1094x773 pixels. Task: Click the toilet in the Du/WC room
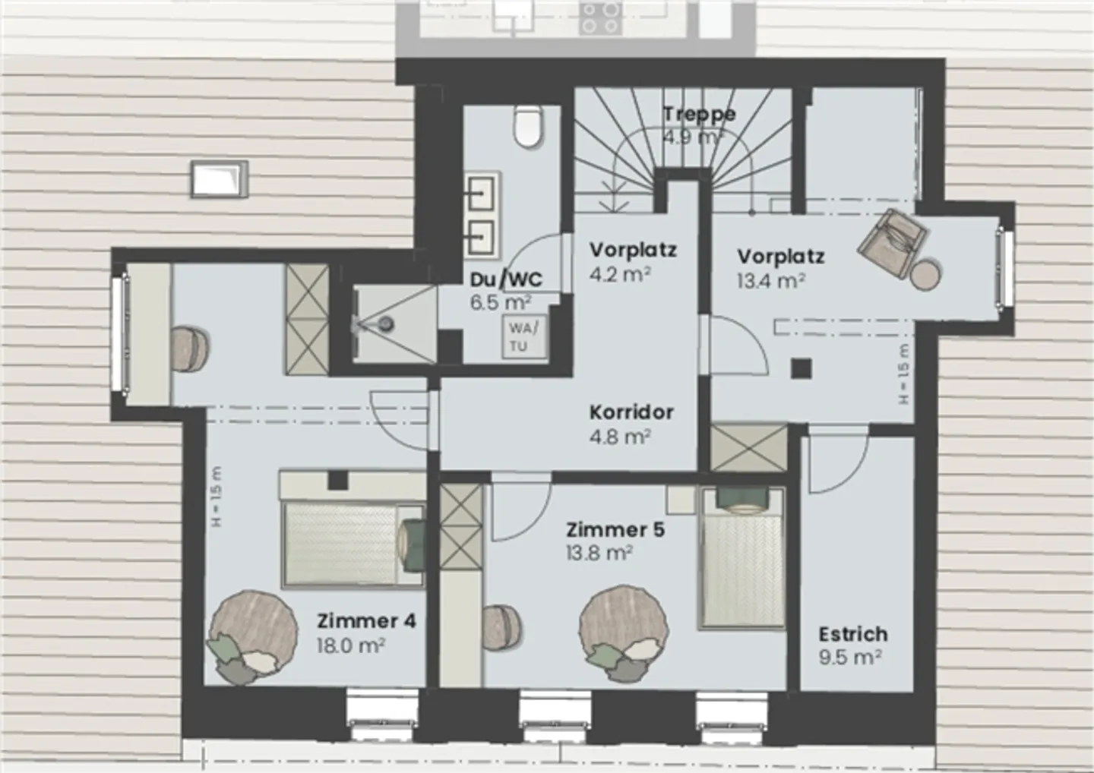[526, 125]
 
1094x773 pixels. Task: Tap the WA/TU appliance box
[522, 337]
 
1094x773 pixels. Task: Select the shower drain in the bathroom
[387, 324]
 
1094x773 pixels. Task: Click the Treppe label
[699, 115]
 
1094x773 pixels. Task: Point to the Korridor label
[631, 412]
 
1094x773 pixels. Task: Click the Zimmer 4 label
[366, 621]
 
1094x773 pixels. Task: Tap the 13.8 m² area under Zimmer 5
[599, 553]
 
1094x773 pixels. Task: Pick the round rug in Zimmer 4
[253, 626]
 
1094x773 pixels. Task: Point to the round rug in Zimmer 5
[624, 627]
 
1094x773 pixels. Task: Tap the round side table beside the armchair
[927, 274]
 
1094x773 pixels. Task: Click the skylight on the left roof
[219, 179]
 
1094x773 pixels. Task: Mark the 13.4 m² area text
[770, 281]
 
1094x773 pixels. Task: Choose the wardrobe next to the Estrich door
[749, 448]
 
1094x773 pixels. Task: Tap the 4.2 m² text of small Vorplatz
[619, 274]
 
